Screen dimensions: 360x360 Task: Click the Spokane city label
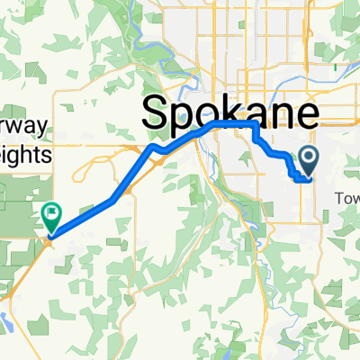pyautogui.click(x=230, y=113)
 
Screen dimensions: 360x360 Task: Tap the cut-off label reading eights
pyautogui.click(x=26, y=155)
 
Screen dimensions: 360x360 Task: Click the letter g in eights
pyautogui.click(x=21, y=157)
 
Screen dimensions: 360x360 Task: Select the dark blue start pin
pyautogui.click(x=308, y=161)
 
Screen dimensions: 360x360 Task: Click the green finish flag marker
pyautogui.click(x=50, y=216)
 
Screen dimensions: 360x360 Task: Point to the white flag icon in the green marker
pyautogui.click(x=50, y=213)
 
